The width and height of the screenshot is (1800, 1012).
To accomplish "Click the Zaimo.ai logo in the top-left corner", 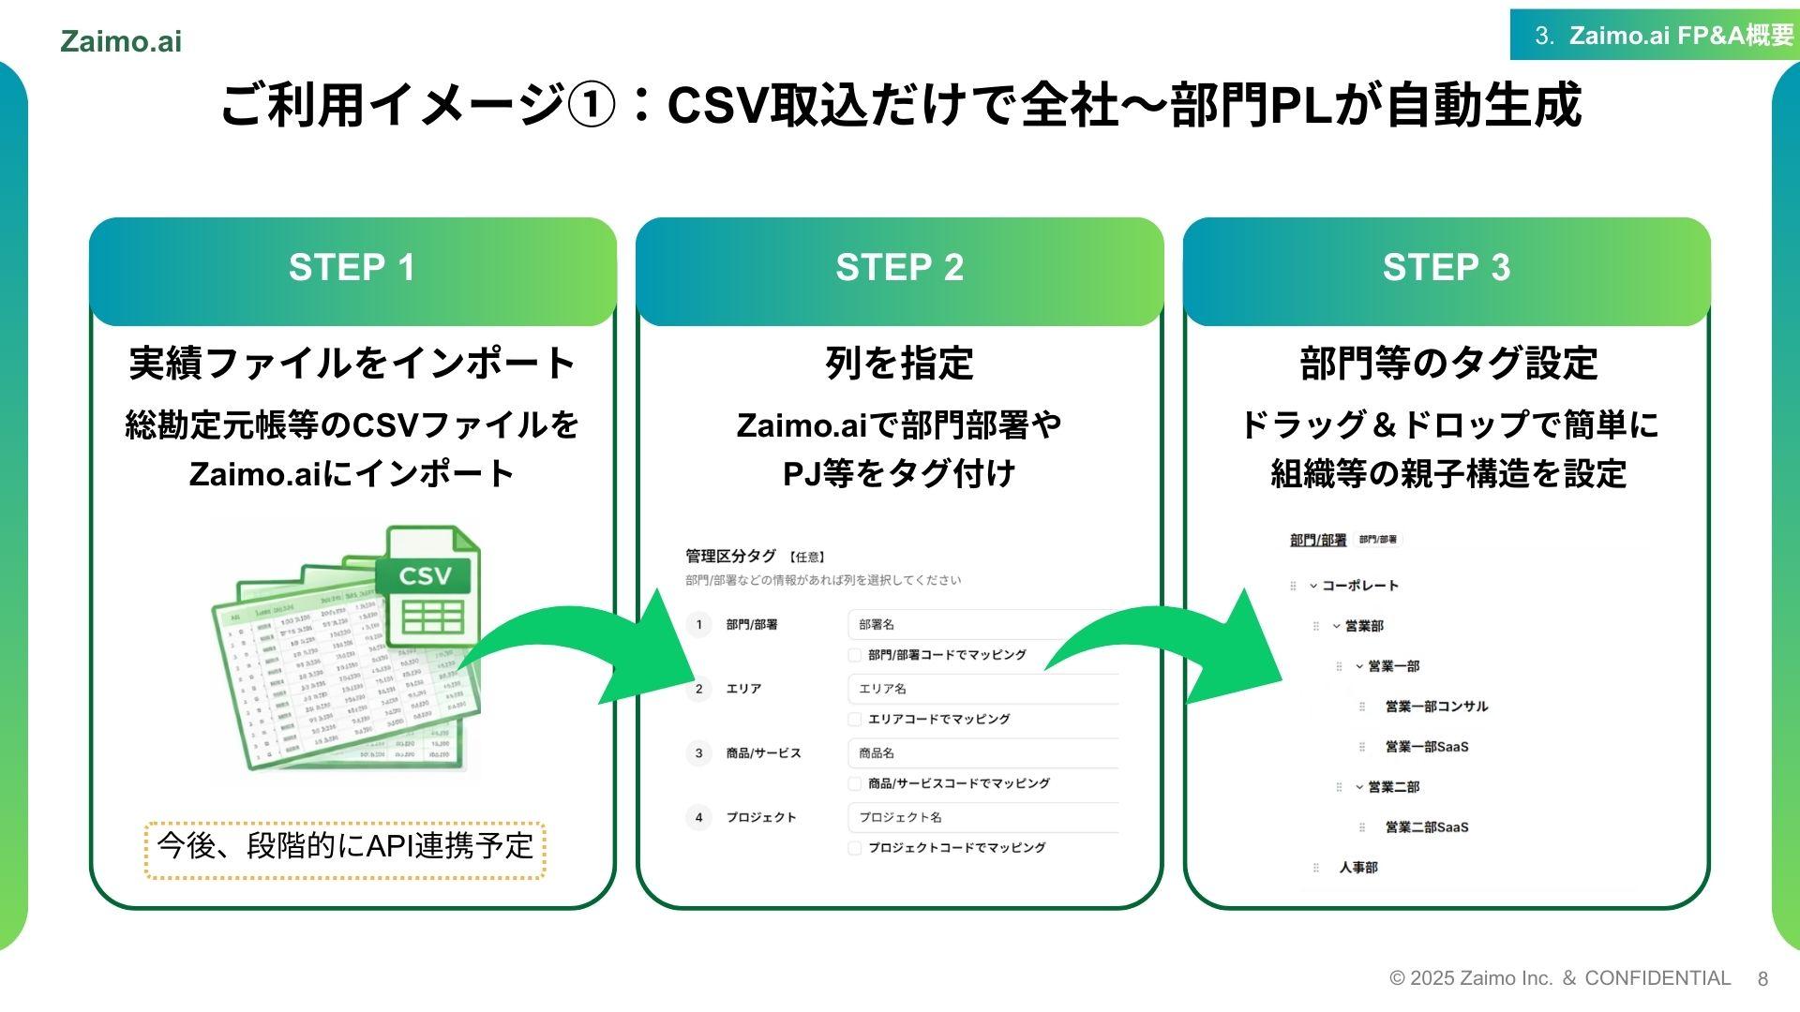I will pyautogui.click(x=121, y=41).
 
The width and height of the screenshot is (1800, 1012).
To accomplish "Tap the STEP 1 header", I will pyautogui.click(x=352, y=268).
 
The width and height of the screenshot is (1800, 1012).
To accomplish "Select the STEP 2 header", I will pyautogui.click(x=899, y=268).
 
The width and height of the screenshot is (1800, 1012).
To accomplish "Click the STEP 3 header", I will pyautogui.click(x=1446, y=268).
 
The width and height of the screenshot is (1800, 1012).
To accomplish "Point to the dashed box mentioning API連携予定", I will pyautogui.click(x=345, y=848).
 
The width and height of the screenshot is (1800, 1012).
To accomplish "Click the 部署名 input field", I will pyautogui.click(x=980, y=625).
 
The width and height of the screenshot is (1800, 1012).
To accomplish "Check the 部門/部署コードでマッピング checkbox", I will pyautogui.click(x=855, y=655).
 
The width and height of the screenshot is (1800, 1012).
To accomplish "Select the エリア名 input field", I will pyautogui.click(x=980, y=689).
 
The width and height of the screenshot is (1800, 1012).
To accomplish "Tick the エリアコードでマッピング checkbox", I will pyautogui.click(x=855, y=720).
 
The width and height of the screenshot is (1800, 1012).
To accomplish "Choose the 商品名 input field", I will pyautogui.click(x=980, y=753).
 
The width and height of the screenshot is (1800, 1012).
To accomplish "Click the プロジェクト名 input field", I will pyautogui.click(x=980, y=817).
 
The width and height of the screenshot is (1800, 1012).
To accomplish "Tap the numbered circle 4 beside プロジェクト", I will pyautogui.click(x=698, y=817).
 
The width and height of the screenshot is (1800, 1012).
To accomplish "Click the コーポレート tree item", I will pyautogui.click(x=1360, y=586).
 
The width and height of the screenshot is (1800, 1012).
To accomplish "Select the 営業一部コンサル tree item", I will pyautogui.click(x=1436, y=707).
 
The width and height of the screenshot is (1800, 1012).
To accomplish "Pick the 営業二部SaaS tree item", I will pyautogui.click(x=1427, y=827).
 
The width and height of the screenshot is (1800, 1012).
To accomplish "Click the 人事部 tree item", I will pyautogui.click(x=1358, y=868).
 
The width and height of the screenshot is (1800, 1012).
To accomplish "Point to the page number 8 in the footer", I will pyautogui.click(x=1762, y=979).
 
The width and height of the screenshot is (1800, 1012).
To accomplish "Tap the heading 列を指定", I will pyautogui.click(x=899, y=364).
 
